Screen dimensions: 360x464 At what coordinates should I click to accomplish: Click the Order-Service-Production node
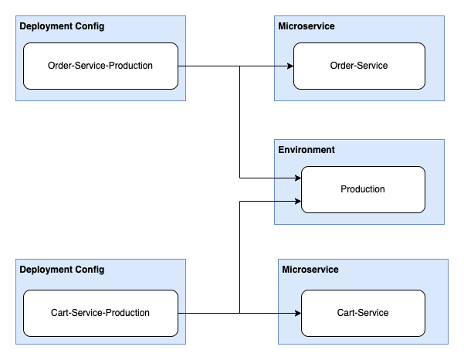pyautogui.click(x=100, y=66)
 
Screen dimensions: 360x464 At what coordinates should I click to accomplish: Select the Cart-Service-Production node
pyautogui.click(x=100, y=313)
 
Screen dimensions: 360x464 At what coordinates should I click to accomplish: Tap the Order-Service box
pyautogui.click(x=359, y=66)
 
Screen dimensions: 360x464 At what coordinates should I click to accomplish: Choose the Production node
pyautogui.click(x=363, y=189)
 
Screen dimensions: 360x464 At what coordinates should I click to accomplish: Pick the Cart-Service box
pyautogui.click(x=363, y=313)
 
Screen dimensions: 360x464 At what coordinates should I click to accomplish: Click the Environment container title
pyautogui.click(x=307, y=149)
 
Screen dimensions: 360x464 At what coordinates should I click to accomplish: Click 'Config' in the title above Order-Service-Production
pyautogui.click(x=90, y=26)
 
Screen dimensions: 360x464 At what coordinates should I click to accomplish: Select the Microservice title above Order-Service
pyautogui.click(x=307, y=26)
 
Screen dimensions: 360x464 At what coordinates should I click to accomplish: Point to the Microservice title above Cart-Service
pyautogui.click(x=310, y=270)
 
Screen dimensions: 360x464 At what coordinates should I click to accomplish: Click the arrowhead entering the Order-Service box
pyautogui.click(x=290, y=66)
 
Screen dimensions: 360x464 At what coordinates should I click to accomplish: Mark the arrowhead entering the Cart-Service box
pyautogui.click(x=298, y=313)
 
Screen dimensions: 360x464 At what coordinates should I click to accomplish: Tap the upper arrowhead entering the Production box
pyautogui.click(x=298, y=178)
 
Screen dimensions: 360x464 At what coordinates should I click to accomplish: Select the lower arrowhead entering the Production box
pyautogui.click(x=298, y=202)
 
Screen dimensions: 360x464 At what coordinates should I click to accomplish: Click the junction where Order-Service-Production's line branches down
pyautogui.click(x=240, y=66)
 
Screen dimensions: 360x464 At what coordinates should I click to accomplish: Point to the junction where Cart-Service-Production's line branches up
pyautogui.click(x=240, y=313)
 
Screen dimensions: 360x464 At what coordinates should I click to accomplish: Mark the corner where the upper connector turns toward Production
pyautogui.click(x=240, y=178)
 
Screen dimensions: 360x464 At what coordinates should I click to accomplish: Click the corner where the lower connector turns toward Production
pyautogui.click(x=240, y=202)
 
